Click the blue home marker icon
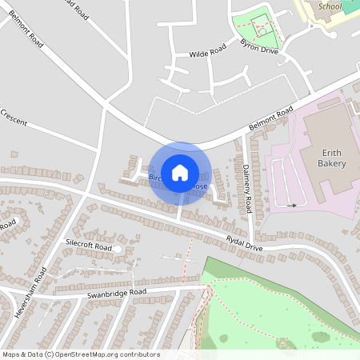coord(180,172)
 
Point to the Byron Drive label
coord(260,48)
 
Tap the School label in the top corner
coord(330,6)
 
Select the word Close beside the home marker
coord(198,187)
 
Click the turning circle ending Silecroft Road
coord(118,250)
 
